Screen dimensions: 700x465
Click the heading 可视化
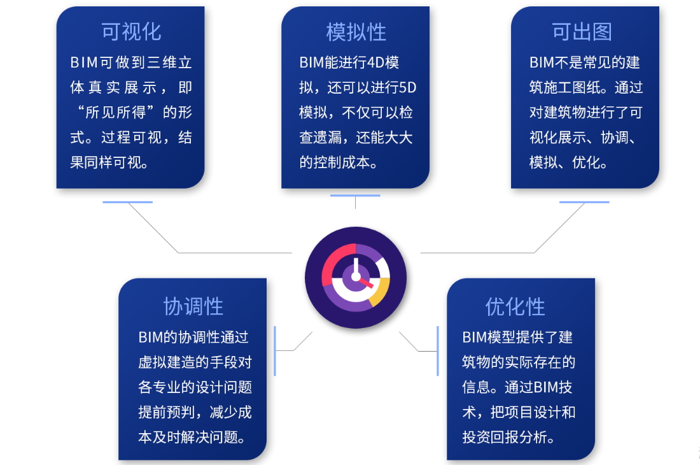click(131, 32)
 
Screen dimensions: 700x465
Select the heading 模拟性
click(356, 32)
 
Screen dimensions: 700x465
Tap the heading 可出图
click(582, 32)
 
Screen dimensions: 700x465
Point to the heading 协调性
click(193, 307)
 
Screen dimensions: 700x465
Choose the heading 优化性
click(515, 307)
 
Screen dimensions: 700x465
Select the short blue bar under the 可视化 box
click(128, 202)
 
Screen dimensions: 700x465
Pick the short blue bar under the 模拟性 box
click(355, 195)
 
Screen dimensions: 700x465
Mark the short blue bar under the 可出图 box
click(584, 202)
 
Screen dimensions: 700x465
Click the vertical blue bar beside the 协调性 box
click(274, 351)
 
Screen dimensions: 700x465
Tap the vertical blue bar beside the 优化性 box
click(438, 351)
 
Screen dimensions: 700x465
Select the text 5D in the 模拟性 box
click(407, 87)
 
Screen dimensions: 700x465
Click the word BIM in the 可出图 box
click(542, 62)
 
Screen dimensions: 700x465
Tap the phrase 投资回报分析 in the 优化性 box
click(505, 437)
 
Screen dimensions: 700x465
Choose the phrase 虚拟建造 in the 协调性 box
click(167, 362)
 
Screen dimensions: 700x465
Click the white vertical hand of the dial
click(356, 267)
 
